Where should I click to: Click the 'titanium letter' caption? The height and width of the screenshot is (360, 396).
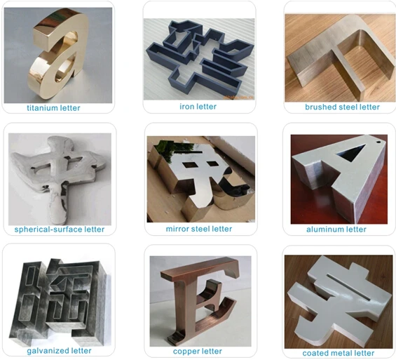point(53,108)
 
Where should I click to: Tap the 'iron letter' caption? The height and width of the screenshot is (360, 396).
point(198,107)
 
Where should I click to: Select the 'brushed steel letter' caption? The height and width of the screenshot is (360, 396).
point(342,107)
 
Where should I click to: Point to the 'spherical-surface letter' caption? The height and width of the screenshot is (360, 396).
point(60,229)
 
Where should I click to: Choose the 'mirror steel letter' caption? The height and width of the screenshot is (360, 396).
point(199,229)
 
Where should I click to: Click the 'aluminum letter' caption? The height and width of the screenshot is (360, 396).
point(336,229)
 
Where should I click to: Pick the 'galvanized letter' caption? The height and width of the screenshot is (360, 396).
point(59,351)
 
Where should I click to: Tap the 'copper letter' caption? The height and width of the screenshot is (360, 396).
point(198,351)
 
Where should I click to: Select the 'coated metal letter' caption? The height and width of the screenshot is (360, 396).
point(339,353)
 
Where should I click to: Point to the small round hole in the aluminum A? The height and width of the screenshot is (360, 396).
point(378,142)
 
